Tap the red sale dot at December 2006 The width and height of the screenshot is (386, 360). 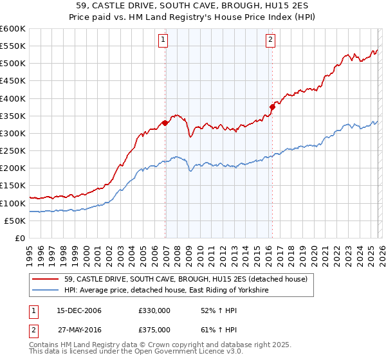[165, 123]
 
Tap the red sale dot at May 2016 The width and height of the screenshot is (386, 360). [272, 107]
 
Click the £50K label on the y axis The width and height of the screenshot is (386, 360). [15, 221]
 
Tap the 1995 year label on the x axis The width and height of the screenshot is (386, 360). [30, 254]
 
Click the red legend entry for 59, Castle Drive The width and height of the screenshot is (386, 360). [186, 279]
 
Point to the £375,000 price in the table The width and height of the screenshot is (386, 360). [154, 329]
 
